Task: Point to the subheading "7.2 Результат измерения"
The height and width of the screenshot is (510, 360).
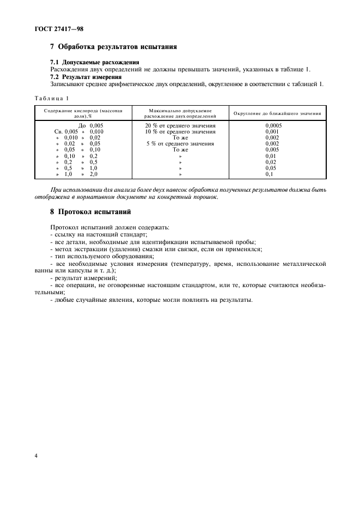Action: coord(86,77)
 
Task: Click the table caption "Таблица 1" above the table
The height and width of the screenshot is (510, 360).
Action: coord(51,98)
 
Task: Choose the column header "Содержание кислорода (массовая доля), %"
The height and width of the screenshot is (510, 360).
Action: coord(80,113)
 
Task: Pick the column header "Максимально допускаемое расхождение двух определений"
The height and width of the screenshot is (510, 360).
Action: coord(180,113)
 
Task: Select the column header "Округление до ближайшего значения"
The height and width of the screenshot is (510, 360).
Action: coord(277,113)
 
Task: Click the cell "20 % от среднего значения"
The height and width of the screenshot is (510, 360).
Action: coord(180,125)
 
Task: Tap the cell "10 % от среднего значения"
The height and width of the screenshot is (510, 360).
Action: coord(180,131)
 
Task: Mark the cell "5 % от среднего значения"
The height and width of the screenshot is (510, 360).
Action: coord(180,144)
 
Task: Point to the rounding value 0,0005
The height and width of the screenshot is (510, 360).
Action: coord(273,125)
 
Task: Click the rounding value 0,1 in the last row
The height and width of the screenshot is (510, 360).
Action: coord(270,174)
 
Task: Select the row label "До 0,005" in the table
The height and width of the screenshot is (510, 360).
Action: coord(90,125)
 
